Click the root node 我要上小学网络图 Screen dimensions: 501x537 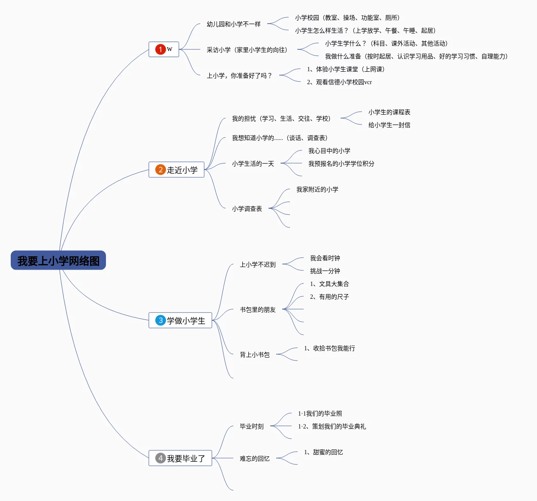click(x=58, y=261)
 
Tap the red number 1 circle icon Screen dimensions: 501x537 click(x=160, y=49)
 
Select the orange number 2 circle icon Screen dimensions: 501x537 click(x=160, y=170)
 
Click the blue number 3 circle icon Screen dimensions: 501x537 click(x=160, y=320)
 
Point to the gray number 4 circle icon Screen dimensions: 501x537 click(x=160, y=458)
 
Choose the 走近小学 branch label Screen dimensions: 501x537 click(x=182, y=170)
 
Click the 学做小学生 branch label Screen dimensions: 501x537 click(x=186, y=321)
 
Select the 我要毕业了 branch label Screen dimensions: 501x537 click(x=186, y=458)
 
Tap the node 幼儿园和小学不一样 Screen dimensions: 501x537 click(x=234, y=24)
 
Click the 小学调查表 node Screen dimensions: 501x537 click(x=247, y=209)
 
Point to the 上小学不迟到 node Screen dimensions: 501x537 click(x=258, y=264)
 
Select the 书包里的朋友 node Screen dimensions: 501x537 click(x=258, y=310)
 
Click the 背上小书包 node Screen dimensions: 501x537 click(x=255, y=355)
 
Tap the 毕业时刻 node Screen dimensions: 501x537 click(x=252, y=426)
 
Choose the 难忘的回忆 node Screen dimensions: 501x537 click(x=255, y=458)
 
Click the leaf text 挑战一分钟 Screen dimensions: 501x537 click(x=325, y=271)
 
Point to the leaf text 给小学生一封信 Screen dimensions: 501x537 click(x=389, y=125)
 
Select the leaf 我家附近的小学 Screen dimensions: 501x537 click(x=317, y=189)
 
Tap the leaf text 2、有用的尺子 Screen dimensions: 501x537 click(x=329, y=297)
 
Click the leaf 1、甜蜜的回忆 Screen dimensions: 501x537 click(x=323, y=452)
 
